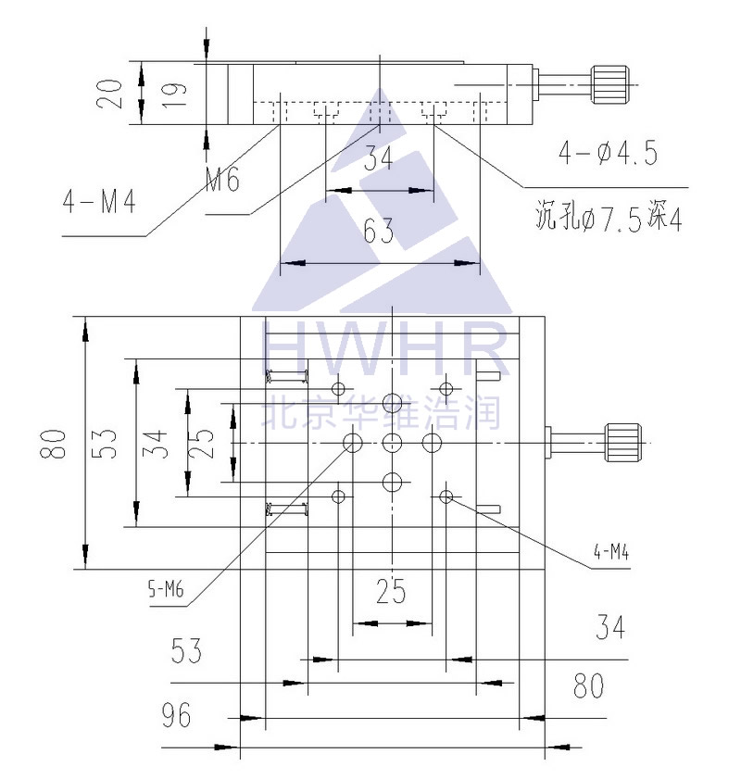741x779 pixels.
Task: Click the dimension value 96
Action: pos(176,715)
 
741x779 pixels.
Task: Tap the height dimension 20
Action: pos(110,94)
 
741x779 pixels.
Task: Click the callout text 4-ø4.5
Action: pos(608,153)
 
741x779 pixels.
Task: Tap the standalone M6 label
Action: pos(222,179)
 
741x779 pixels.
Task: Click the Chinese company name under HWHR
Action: pos(383,411)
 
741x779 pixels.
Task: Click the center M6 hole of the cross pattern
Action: pos(392,442)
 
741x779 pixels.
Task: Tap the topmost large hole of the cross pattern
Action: pos(392,402)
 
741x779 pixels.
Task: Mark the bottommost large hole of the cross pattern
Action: pos(392,482)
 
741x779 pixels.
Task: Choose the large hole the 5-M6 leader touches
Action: pos(353,442)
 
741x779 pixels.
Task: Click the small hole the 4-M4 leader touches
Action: pos(446,496)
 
